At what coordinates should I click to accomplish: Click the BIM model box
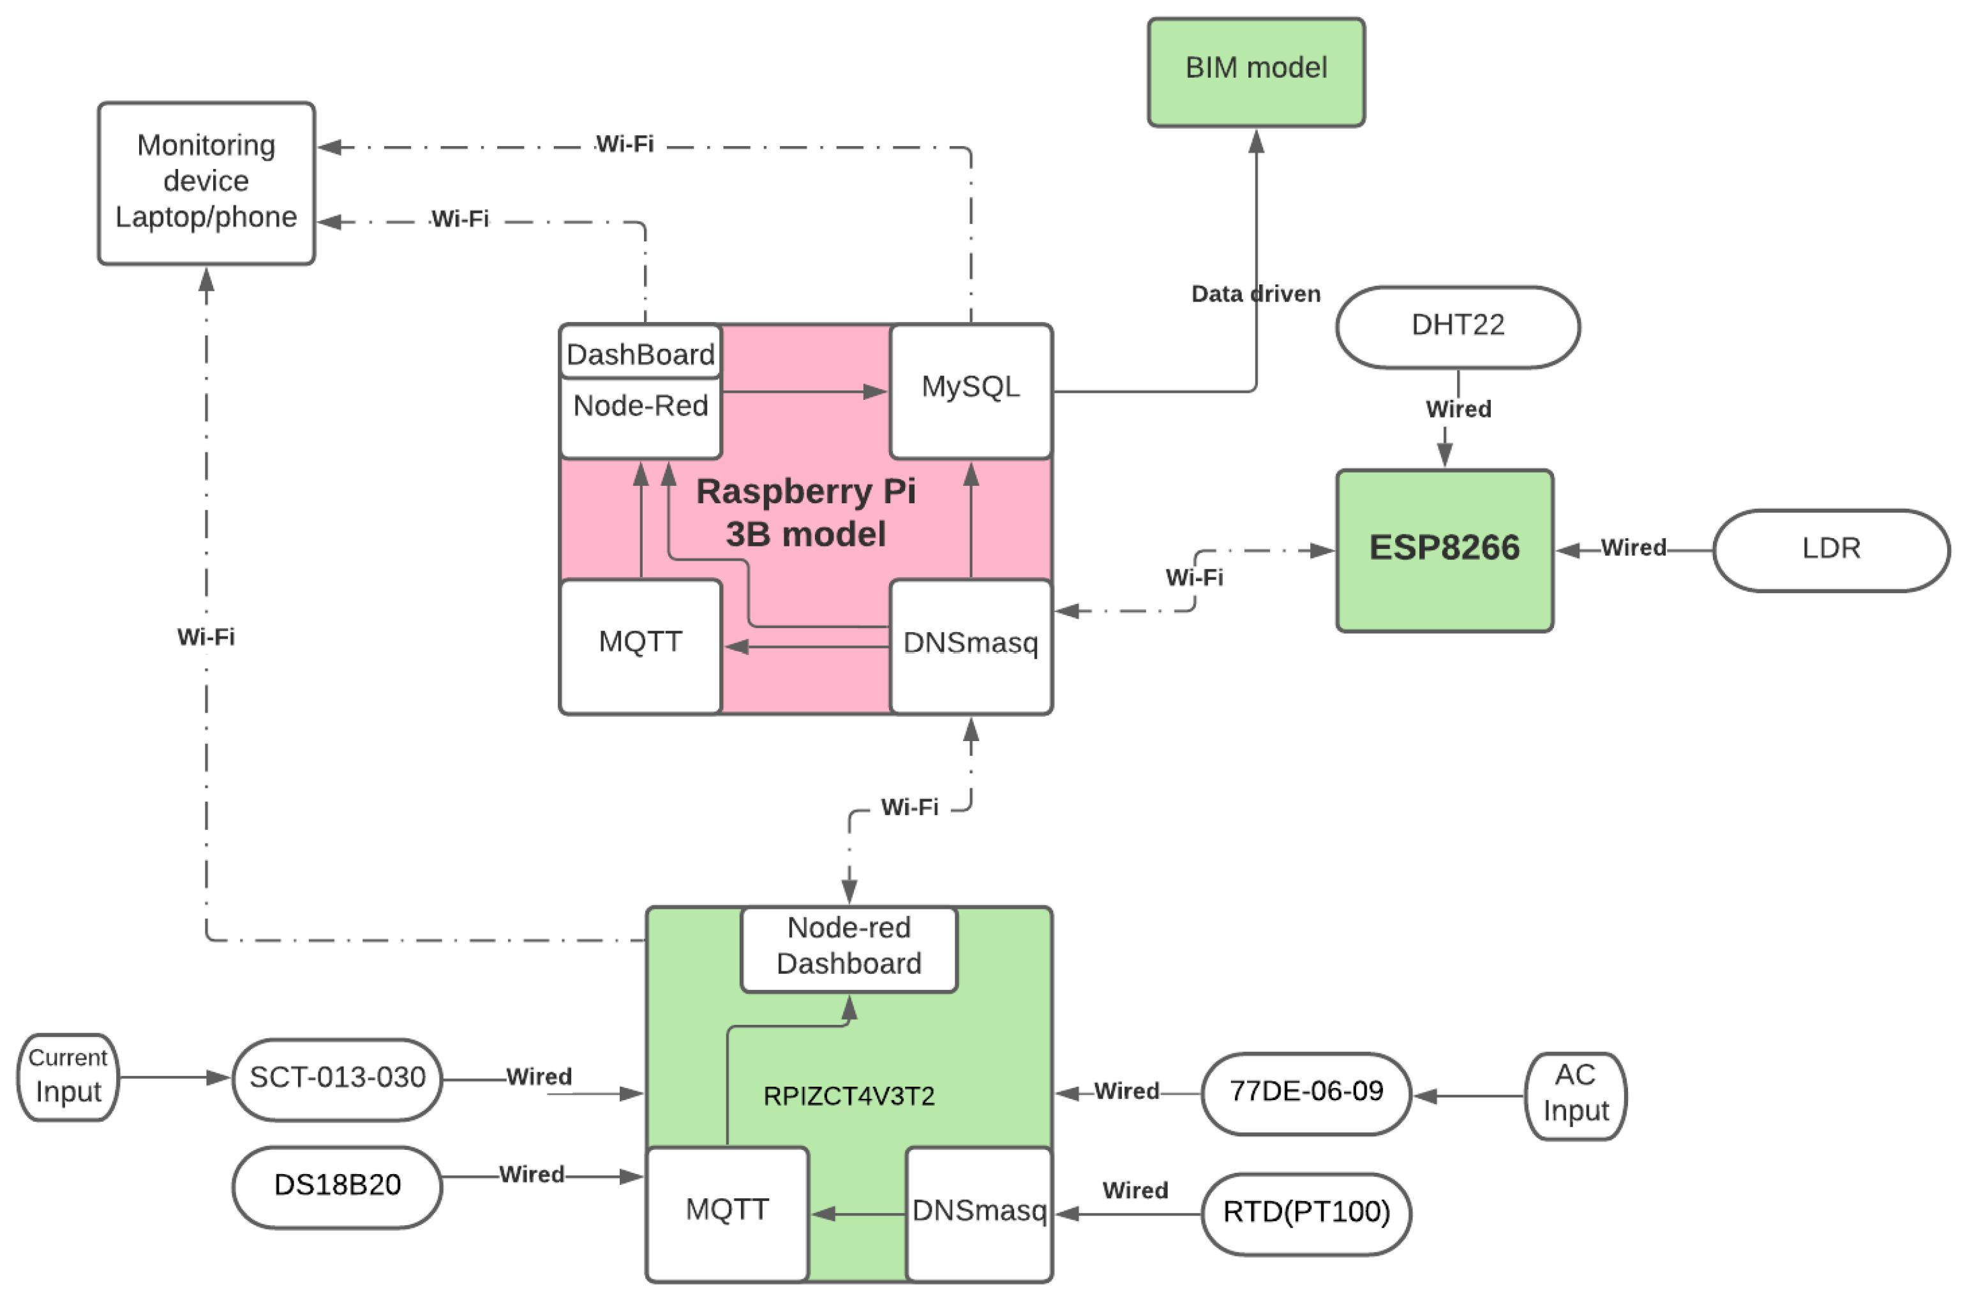point(1255,72)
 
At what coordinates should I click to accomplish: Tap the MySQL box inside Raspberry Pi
point(971,390)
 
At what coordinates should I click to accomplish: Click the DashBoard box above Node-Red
point(640,353)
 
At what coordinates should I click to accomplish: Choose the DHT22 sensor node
point(1457,326)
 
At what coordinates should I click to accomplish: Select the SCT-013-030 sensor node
point(337,1078)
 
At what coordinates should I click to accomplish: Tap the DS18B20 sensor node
point(337,1186)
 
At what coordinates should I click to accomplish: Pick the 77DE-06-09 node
point(1305,1092)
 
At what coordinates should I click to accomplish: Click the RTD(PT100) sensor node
point(1305,1212)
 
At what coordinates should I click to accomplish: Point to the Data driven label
point(1255,294)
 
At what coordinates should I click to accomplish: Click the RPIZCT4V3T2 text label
point(848,1096)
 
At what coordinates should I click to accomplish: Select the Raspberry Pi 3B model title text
point(805,513)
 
